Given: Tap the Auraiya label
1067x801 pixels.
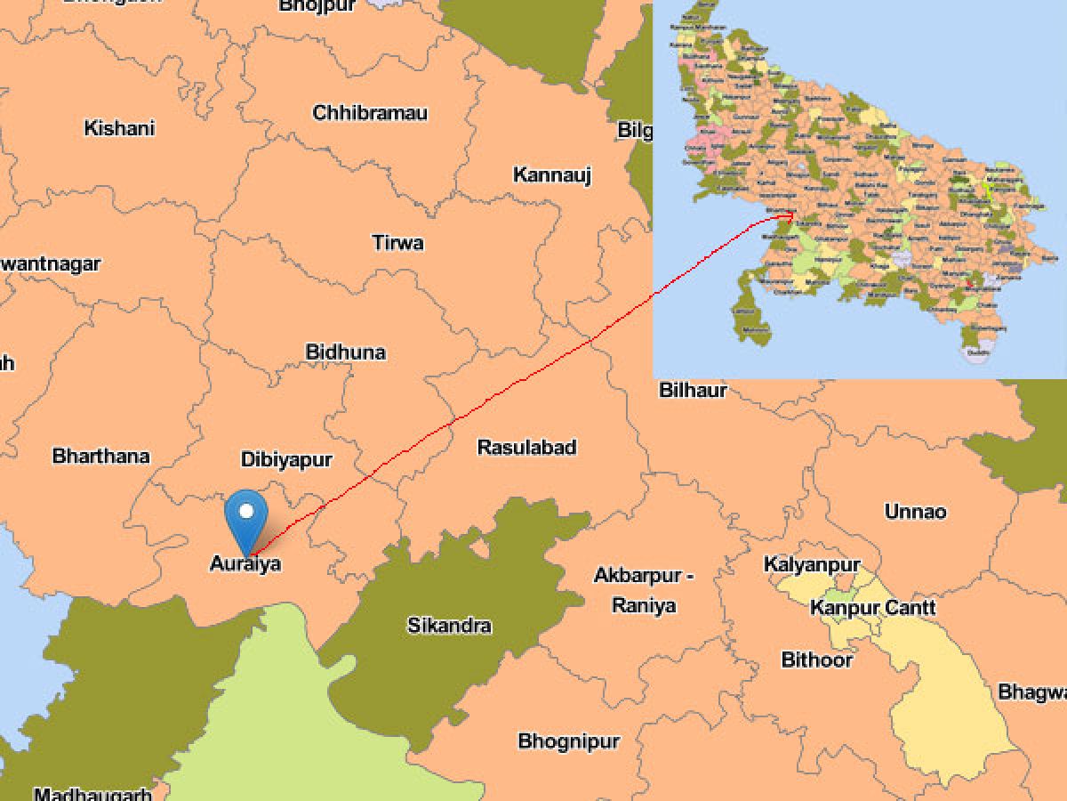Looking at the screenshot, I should pyautogui.click(x=245, y=563).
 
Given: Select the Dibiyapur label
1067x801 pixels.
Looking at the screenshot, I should pyautogui.click(x=286, y=460).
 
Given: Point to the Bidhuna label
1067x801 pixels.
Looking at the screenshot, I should pyautogui.click(x=346, y=352).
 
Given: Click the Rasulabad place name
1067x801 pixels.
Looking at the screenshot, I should pyautogui.click(x=527, y=447).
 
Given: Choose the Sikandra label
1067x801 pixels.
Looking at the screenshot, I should pyautogui.click(x=449, y=626).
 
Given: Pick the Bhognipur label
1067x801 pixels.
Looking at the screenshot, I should pyautogui.click(x=569, y=740).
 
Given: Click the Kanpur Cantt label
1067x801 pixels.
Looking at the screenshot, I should pyautogui.click(x=872, y=608).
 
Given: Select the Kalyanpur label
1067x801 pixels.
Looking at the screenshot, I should pyautogui.click(x=812, y=565).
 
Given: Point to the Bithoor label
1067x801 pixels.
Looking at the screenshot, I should pyautogui.click(x=816, y=660).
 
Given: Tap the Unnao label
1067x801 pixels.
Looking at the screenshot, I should pyautogui.click(x=915, y=512).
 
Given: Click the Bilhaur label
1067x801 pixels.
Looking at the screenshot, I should pyautogui.click(x=693, y=390).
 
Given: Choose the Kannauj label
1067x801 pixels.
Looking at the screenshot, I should pyautogui.click(x=552, y=175).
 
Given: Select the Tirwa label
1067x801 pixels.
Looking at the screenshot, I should pyautogui.click(x=397, y=242).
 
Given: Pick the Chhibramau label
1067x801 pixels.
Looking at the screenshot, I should pyautogui.click(x=370, y=113).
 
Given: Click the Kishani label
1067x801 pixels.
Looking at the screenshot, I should pyautogui.click(x=119, y=128).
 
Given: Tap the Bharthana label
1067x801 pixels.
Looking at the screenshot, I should pyautogui.click(x=101, y=457).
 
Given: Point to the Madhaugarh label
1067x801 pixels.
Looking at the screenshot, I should pyautogui.click(x=92, y=793).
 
